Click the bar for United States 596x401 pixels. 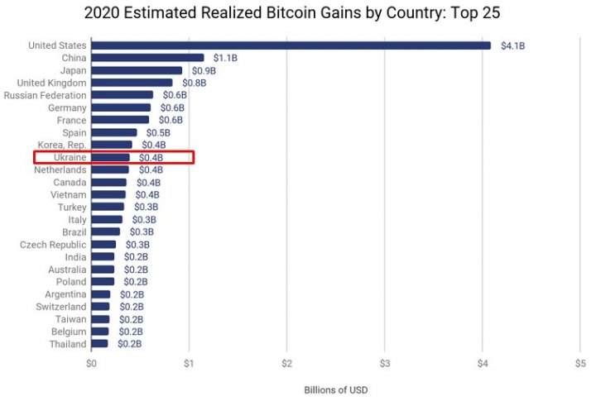click(290, 45)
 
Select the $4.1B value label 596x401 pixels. click(512, 45)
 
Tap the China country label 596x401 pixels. click(74, 58)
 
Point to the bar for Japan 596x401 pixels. click(137, 70)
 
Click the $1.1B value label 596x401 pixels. click(225, 58)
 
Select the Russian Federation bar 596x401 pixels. click(122, 95)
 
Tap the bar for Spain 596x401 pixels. click(113, 132)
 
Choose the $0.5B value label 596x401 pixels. click(158, 132)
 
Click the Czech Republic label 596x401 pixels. click(51, 245)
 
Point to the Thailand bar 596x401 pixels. click(99, 344)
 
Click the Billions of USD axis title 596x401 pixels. click(335, 389)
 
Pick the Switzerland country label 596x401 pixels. click(59, 307)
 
